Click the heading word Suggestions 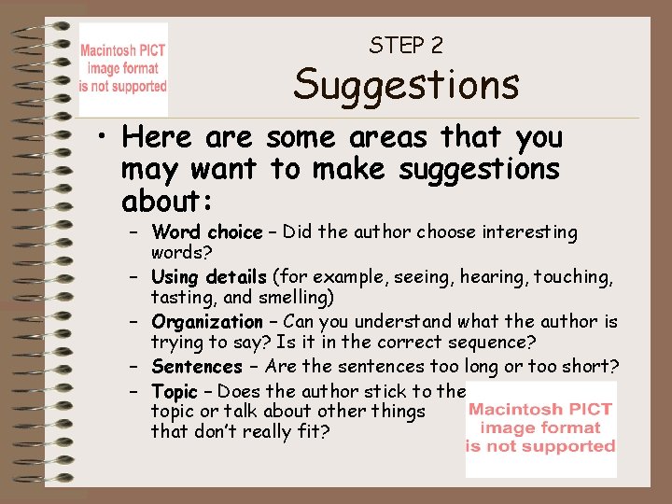(x=406, y=85)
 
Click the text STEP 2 (x=406, y=44)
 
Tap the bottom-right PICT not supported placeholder (x=541, y=428)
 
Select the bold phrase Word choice (x=206, y=231)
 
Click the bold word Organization (x=207, y=322)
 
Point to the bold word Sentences (x=196, y=367)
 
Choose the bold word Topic (x=175, y=391)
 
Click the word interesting (x=527, y=231)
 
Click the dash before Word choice (x=134, y=231)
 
